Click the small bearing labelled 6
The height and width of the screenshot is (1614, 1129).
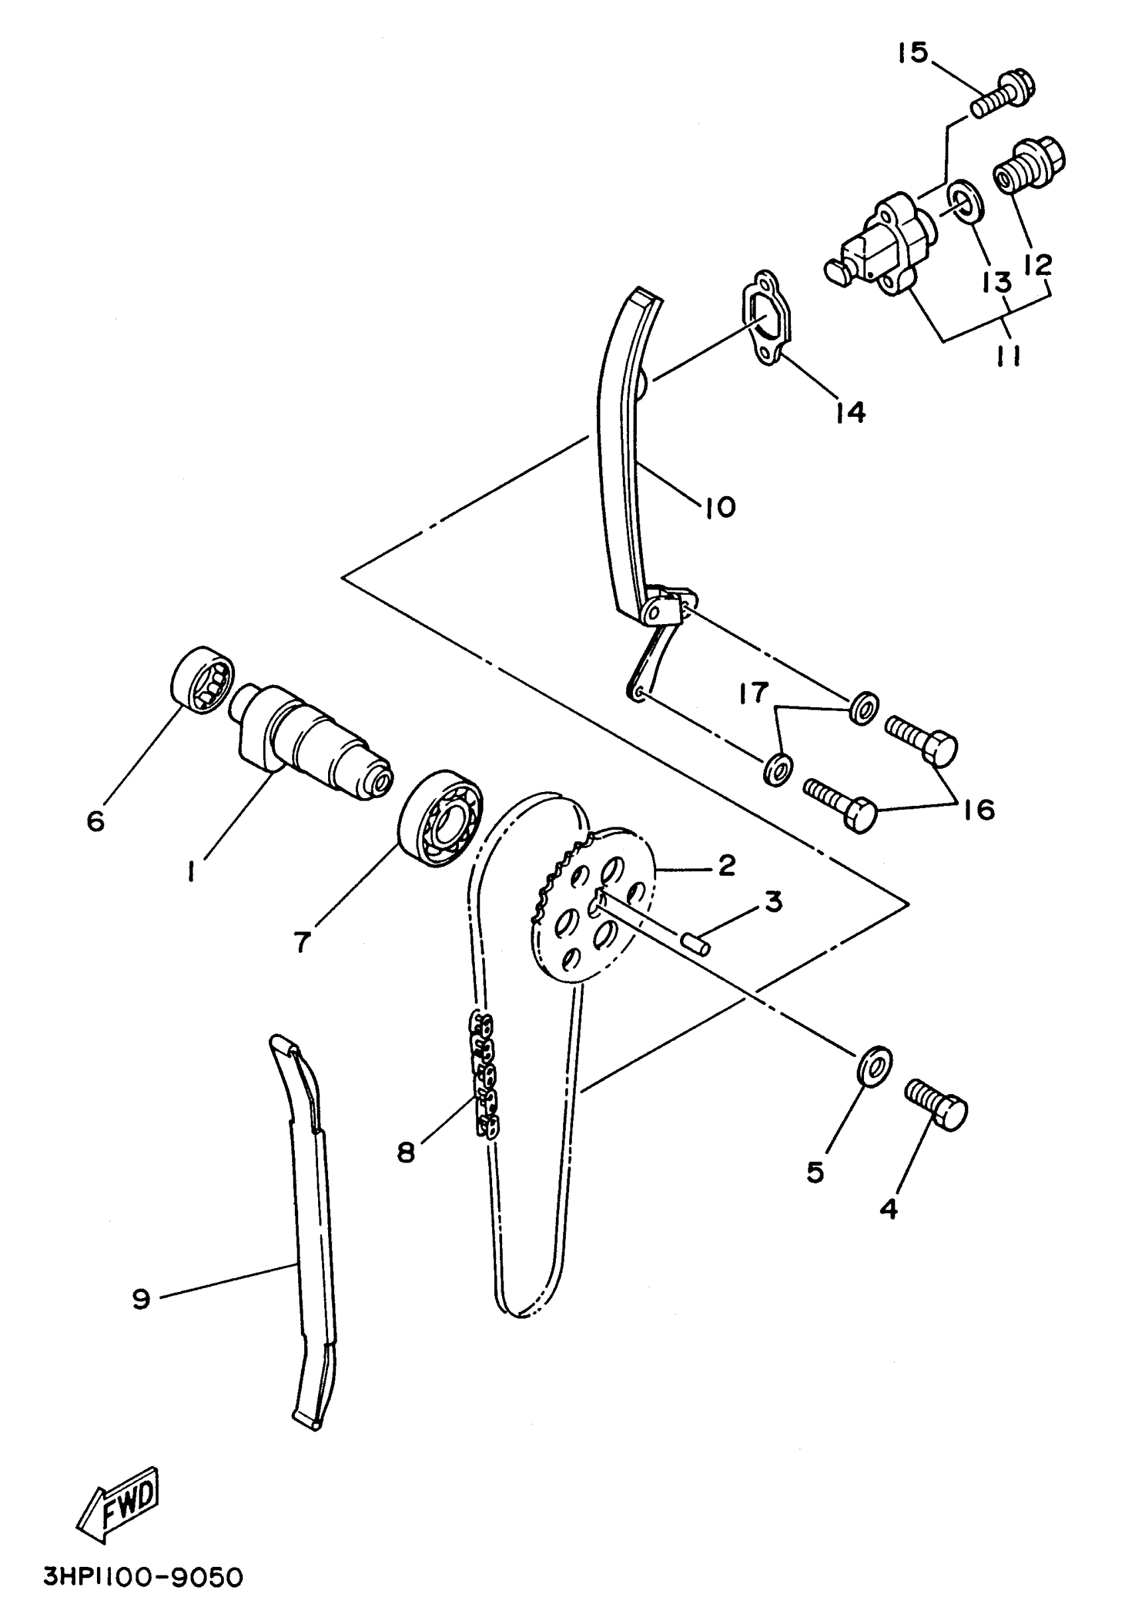(x=203, y=680)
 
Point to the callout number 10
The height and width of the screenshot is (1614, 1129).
(x=720, y=507)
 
